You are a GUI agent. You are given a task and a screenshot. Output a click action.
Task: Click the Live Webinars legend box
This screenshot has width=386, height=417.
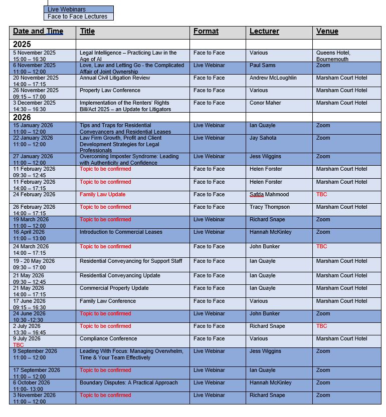coord(78,10)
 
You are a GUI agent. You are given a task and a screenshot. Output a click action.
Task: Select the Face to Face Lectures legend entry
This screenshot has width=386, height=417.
coord(78,17)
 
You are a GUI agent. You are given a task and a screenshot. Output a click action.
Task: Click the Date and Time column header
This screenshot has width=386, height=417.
coord(38,31)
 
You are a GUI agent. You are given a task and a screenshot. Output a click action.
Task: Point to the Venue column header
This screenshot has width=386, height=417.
coord(327,31)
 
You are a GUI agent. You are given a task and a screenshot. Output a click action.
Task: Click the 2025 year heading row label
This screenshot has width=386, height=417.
coord(22,44)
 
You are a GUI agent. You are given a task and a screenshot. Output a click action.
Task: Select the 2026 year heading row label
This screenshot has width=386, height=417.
coord(22,117)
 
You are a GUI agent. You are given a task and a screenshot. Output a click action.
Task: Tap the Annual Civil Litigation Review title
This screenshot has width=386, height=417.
coord(115,78)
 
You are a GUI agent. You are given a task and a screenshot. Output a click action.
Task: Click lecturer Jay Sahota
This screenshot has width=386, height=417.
coord(264,138)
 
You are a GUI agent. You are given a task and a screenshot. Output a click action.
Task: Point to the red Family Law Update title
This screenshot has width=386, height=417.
coord(102,194)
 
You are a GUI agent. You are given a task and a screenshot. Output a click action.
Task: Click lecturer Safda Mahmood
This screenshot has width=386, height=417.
coord(269,194)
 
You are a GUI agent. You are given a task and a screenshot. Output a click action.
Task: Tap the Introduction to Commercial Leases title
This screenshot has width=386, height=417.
coord(121,232)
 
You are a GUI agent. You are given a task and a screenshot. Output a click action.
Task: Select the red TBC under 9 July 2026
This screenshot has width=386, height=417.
coord(18,345)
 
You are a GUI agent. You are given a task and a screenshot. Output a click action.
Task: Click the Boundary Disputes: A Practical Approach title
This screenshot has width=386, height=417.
coord(128,382)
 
